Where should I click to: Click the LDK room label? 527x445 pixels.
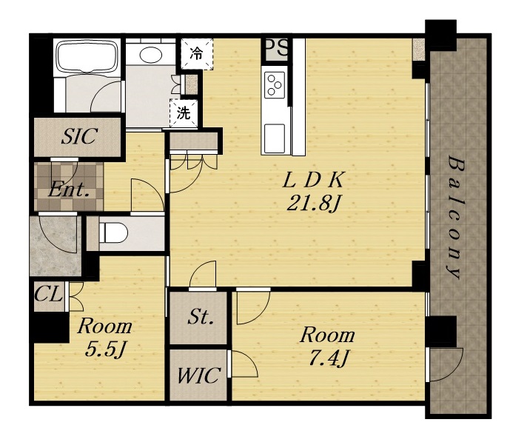[x=313, y=180]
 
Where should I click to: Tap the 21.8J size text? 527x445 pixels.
[x=312, y=203]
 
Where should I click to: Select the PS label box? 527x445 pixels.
[x=277, y=49]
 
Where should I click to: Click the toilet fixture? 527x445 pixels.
[x=113, y=232]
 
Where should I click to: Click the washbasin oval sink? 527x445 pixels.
[x=151, y=55]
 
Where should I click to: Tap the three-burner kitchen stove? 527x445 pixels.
[x=275, y=84]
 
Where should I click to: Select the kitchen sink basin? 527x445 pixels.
[x=275, y=138]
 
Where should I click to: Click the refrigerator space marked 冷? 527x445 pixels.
[x=197, y=54]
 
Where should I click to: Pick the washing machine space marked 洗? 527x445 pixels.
[x=184, y=113]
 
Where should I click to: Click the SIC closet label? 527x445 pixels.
[x=79, y=136]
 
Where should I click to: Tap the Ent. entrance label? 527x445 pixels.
[x=69, y=190]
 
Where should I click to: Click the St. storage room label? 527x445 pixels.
[x=201, y=317]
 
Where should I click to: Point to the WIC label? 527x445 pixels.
[x=199, y=375]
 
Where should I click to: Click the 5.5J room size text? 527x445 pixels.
[x=105, y=349]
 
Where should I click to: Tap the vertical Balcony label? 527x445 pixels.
[x=455, y=218]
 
